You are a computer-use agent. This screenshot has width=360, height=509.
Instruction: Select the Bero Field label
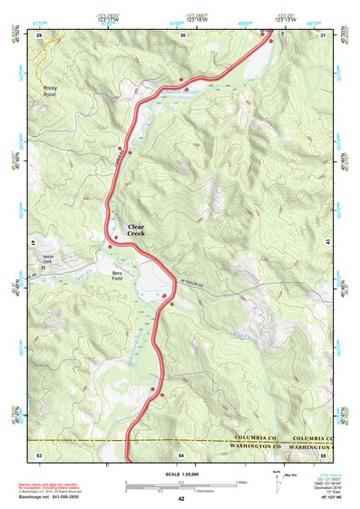(x=116, y=277)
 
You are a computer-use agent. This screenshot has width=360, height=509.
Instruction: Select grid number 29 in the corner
(x=39, y=34)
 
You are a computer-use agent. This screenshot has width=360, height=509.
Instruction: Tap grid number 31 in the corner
(x=324, y=34)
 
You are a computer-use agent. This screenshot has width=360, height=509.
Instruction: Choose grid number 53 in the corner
(x=39, y=454)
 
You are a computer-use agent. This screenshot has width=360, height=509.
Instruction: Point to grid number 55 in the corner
(x=324, y=454)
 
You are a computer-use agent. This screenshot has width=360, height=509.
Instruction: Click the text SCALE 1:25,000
(x=180, y=475)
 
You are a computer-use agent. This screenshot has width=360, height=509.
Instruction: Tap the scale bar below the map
(x=180, y=485)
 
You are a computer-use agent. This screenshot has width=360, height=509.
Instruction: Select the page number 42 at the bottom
(x=181, y=499)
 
